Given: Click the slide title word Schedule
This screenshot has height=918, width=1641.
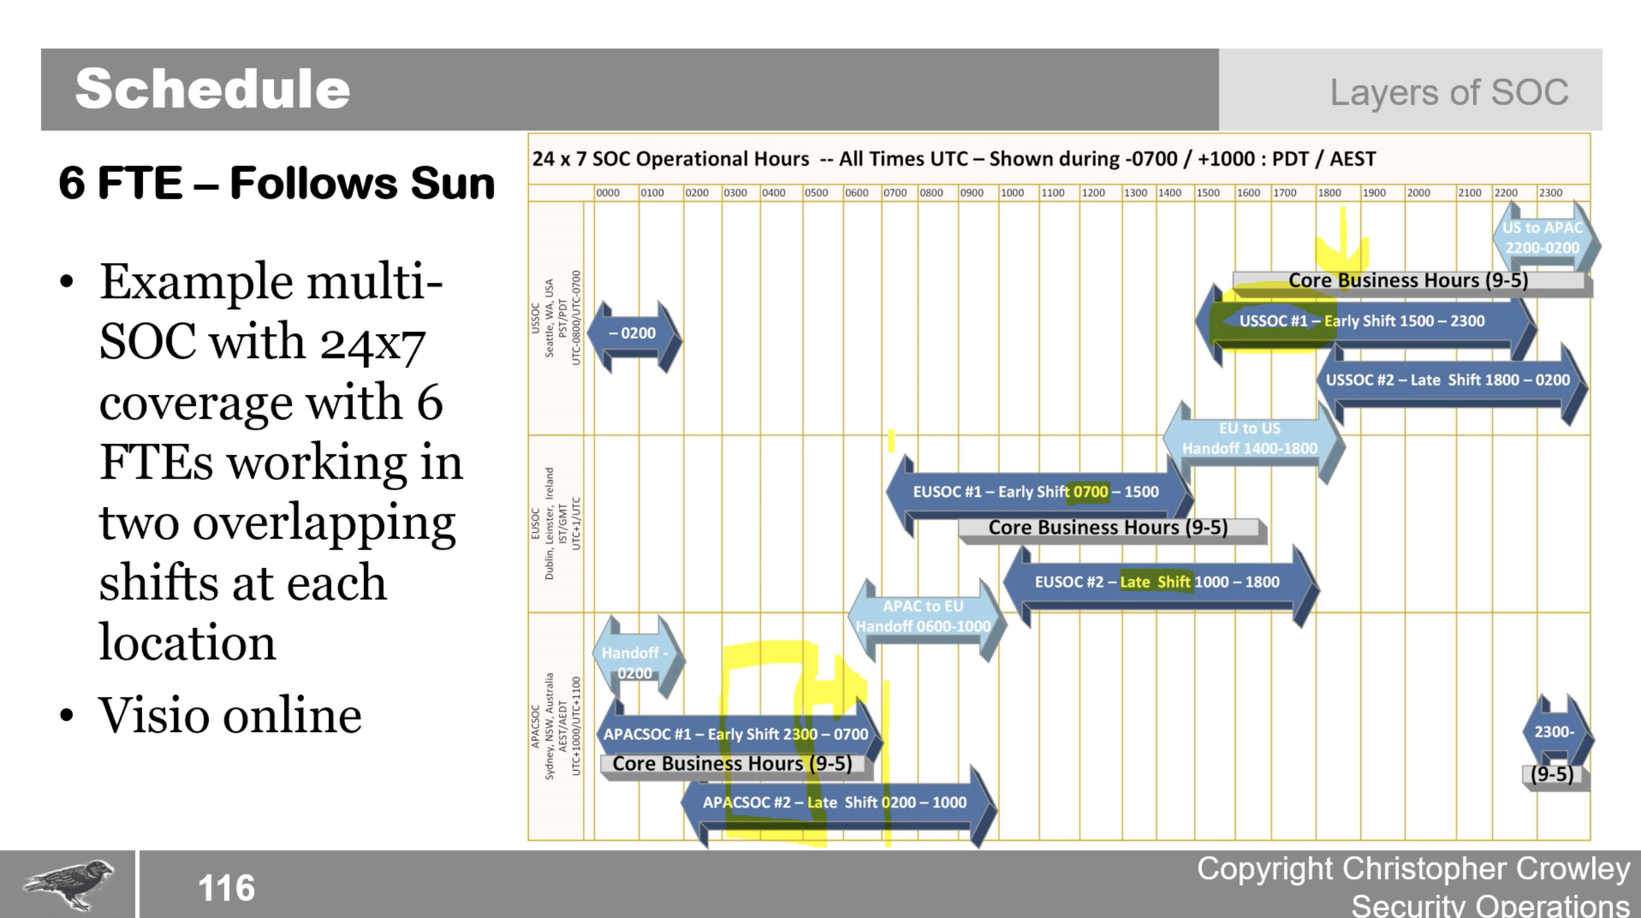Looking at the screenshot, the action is point(213,89).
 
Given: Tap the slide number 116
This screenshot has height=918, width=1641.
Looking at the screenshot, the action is point(226,888).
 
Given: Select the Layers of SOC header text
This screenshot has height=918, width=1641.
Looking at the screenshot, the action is point(1449,92).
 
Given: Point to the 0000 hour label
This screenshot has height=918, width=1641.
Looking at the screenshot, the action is point(608,193).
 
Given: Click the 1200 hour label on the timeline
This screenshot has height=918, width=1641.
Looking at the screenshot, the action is point(1093,193).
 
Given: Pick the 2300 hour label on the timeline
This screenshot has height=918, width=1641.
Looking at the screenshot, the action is point(1550,193).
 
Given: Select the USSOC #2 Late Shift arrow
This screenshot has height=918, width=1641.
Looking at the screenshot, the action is point(1448,380).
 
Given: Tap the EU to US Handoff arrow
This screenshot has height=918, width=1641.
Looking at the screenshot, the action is point(1250,439).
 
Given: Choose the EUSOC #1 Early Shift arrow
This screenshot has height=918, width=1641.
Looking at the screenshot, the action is point(1036,492).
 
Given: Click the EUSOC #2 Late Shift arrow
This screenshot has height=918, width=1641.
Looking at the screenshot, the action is point(1157,582).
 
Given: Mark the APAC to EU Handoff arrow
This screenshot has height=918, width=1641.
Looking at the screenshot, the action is point(923,617).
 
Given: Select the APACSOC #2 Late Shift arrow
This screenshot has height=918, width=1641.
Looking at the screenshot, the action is point(835,803).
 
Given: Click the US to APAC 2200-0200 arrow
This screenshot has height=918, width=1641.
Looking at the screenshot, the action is point(1543,238).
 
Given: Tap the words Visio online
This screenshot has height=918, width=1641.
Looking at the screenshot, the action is point(230,715).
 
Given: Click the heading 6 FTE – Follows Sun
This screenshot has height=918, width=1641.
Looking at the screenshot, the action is point(277,183).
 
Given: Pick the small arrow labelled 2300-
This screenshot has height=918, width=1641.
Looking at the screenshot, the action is point(1555,732).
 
